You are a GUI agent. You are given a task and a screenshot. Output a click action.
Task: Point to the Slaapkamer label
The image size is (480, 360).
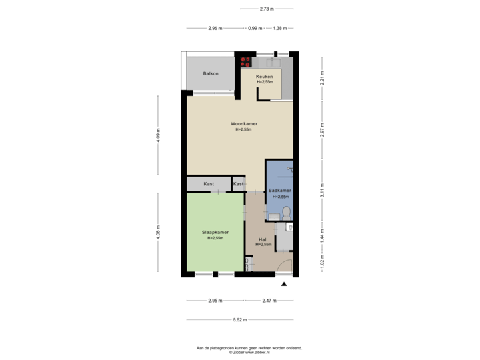215,233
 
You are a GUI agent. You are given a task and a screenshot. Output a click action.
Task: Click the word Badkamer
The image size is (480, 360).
278,191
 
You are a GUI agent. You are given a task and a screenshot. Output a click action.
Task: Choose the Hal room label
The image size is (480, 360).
263,239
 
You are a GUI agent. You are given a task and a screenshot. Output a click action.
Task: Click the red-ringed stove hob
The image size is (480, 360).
245,61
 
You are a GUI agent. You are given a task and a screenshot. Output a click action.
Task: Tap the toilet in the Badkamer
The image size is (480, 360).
286,213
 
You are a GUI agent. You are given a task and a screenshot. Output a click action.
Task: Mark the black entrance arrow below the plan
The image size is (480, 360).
284,285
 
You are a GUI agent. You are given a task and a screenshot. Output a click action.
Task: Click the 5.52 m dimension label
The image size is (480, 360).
240,320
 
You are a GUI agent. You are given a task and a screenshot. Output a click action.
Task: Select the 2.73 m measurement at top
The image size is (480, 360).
267,9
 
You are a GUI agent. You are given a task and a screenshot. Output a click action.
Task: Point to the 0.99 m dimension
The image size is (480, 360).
254,29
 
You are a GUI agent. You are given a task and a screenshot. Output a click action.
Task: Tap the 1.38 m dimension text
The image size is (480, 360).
280,29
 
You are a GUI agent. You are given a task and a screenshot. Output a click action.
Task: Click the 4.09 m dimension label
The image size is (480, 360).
158,141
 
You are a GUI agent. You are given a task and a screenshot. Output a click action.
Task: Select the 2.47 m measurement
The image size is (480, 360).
268,301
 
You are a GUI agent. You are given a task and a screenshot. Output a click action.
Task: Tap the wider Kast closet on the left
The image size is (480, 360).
208,183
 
